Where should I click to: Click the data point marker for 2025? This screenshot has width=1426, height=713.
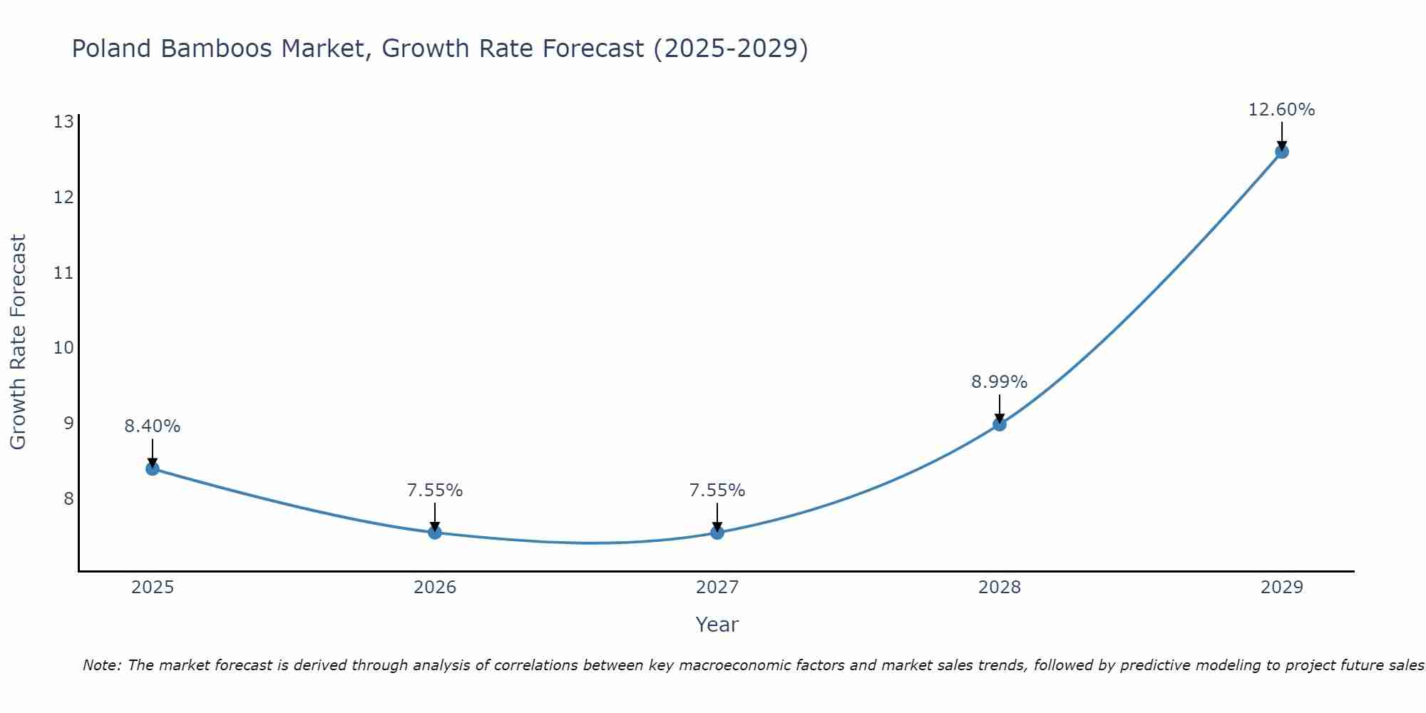153,468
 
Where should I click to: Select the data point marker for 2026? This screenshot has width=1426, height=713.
435,533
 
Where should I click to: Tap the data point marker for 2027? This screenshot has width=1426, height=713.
717,533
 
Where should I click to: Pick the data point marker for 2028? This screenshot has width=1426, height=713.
1000,424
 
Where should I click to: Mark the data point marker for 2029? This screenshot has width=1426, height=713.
1281,151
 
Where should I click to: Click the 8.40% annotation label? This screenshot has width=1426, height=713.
153,426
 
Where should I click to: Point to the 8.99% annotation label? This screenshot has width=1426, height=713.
1000,382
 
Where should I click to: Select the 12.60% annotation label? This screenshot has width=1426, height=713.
1281,110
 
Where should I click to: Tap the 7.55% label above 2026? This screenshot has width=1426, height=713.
435,491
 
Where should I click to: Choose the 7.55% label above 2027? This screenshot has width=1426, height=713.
717,491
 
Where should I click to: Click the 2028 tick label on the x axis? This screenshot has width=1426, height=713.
1000,588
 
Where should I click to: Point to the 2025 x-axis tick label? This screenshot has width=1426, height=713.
153,588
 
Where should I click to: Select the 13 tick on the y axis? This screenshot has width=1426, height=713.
63,122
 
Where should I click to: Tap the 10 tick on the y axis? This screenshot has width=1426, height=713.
63,348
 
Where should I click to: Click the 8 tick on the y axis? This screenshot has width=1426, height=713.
68,498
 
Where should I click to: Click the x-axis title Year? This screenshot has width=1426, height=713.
717,625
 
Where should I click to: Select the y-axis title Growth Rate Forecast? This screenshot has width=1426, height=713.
18,342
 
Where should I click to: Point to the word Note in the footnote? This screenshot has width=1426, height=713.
101,665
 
